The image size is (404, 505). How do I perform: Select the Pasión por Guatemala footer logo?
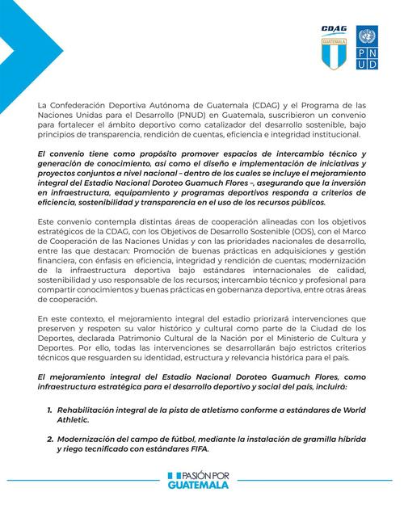tap(201, 482)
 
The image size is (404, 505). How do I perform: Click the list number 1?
tap(50, 410)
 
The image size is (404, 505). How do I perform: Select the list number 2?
tap(50, 438)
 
